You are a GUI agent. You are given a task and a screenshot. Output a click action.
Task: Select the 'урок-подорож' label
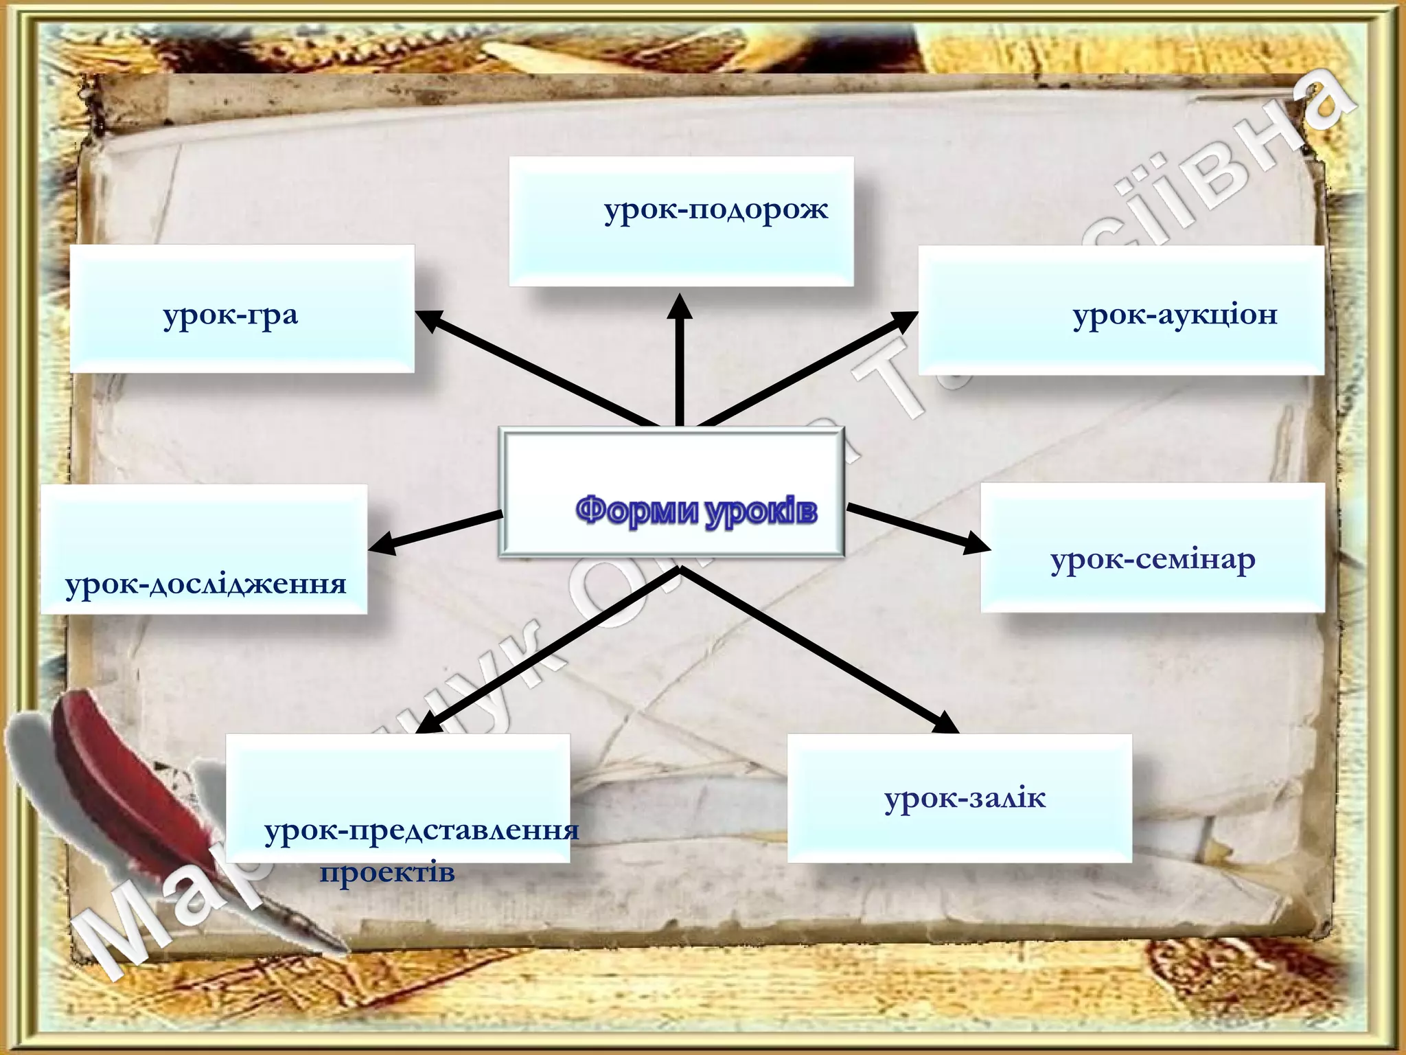click(x=716, y=209)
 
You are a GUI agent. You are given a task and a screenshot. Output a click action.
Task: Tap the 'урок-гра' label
click(x=231, y=316)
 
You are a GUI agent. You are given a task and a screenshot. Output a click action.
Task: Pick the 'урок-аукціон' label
click(x=1175, y=315)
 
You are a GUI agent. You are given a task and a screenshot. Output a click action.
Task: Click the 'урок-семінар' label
click(x=1153, y=560)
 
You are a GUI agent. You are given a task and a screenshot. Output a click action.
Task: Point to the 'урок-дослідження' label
click(x=205, y=584)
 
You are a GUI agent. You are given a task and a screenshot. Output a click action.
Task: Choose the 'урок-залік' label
click(x=965, y=798)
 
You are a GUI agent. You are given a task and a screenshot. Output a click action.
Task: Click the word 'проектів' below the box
click(x=387, y=872)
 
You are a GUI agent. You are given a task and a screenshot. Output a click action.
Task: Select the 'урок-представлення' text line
click(x=422, y=831)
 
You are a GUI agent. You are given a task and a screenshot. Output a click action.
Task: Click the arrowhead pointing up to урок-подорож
click(x=680, y=308)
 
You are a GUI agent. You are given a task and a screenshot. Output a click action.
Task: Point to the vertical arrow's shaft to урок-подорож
click(x=680, y=374)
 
